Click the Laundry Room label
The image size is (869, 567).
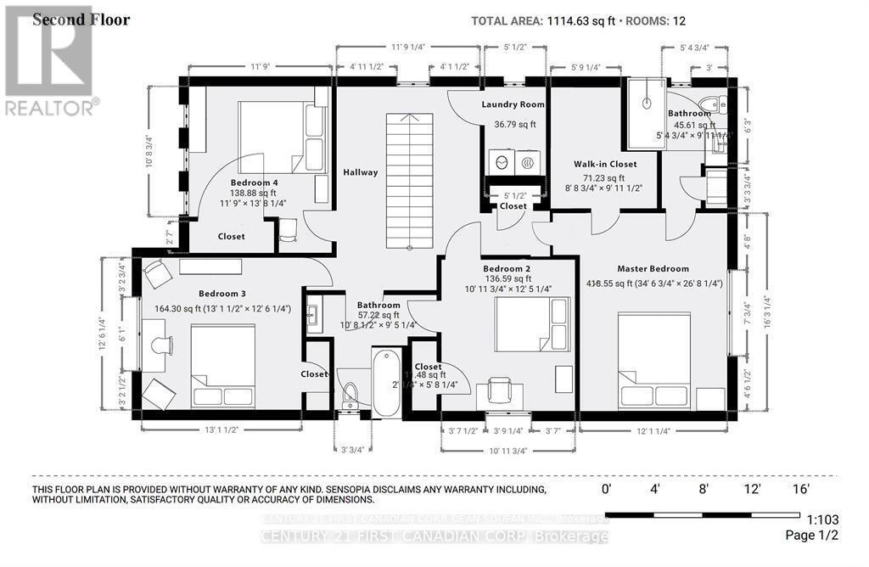[513, 104]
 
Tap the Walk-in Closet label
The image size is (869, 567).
[605, 164]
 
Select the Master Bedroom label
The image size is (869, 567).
[653, 268]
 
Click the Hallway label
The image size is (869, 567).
[360, 172]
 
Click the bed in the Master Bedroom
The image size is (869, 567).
[653, 360]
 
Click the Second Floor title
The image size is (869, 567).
[81, 20]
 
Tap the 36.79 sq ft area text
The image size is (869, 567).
[515, 124]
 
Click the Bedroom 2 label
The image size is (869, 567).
[506, 267]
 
